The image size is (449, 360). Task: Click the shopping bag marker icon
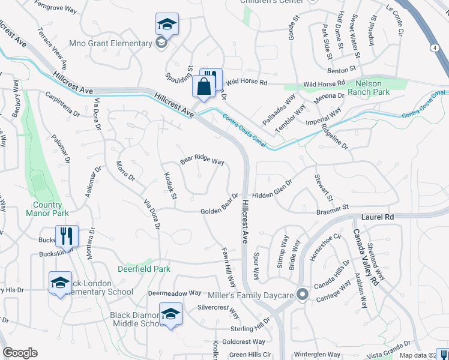point(204,86)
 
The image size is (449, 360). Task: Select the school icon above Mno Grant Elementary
point(167,25)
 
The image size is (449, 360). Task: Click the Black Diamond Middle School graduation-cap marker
point(171,314)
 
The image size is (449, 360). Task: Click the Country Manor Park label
point(47,208)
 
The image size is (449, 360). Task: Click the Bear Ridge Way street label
point(202,162)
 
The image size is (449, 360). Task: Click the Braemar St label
point(333,208)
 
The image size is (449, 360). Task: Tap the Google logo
point(20,353)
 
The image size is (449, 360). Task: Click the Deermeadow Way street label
point(175,293)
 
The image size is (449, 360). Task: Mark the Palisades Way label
point(279,108)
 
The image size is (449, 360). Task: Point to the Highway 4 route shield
point(433,47)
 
